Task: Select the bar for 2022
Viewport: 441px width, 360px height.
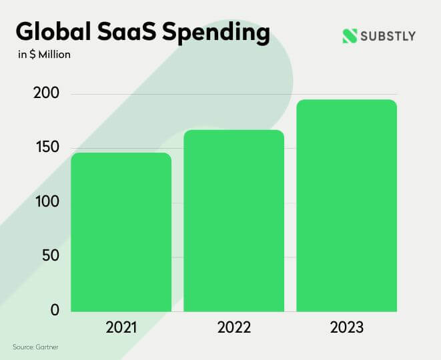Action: click(234, 220)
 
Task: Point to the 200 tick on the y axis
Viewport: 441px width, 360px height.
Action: click(46, 93)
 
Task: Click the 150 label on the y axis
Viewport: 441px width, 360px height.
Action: click(46, 148)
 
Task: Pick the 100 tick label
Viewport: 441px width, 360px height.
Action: click(46, 202)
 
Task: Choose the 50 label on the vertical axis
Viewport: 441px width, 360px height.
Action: click(50, 256)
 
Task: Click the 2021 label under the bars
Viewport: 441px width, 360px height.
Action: click(121, 328)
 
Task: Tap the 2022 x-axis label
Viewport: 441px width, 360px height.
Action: click(234, 328)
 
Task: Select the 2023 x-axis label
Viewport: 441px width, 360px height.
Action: click(346, 328)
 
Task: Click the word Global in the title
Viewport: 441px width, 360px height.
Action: click(54, 33)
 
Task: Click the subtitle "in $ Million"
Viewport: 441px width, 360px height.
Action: click(44, 55)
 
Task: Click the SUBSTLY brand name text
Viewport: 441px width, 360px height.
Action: click(389, 36)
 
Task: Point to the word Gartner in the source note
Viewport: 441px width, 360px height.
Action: click(57, 347)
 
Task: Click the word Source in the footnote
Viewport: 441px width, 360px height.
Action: click(24, 347)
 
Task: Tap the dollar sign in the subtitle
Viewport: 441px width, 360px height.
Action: click(32, 55)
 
